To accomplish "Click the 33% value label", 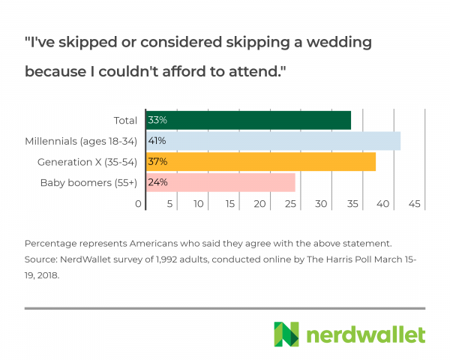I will pyautogui.click(x=157, y=120).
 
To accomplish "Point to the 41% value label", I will pyautogui.click(x=157, y=141).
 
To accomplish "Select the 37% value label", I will pyautogui.click(x=157, y=162).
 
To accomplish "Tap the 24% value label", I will pyautogui.click(x=157, y=182).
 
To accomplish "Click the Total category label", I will pyautogui.click(x=124, y=120).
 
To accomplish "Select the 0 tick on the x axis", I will pyautogui.click(x=139, y=204).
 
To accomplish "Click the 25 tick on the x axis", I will pyautogui.click(x=292, y=204).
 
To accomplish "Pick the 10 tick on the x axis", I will pyautogui.click(x=199, y=204).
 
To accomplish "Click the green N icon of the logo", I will pyautogui.click(x=286, y=334).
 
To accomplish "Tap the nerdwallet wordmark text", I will pyautogui.click(x=363, y=334).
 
